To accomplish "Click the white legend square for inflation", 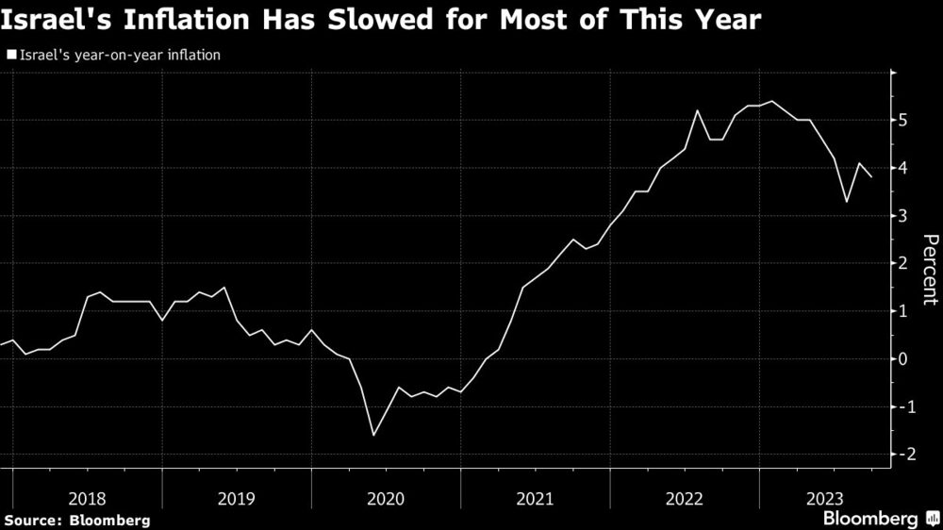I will coord(10,56).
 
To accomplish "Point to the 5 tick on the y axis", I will coord(903,121).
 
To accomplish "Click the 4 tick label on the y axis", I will coord(903,169).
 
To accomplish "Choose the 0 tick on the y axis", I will coord(903,359).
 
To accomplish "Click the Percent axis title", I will coord(929,270).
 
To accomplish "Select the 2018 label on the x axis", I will coord(87,497).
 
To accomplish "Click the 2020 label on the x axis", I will coord(386,497).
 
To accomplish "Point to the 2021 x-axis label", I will coord(536,497).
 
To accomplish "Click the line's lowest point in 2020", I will coord(373,435).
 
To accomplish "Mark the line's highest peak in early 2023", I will coord(772,102).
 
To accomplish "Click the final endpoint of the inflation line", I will coord(871,177).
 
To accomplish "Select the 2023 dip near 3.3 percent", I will coord(846,202).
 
